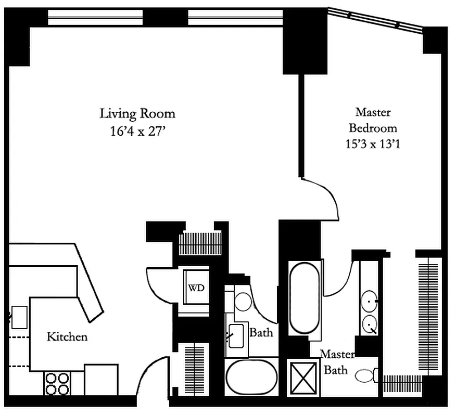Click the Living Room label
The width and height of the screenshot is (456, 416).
pos(137,113)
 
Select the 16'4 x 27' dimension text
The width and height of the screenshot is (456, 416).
pos(137,132)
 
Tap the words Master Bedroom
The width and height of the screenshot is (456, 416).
pos(373,120)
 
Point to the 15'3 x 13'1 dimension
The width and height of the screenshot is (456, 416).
pos(373,143)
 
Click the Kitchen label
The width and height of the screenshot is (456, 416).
pos(67,337)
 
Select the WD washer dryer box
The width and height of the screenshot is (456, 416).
pos(196,288)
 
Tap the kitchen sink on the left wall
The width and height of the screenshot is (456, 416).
pos(19,317)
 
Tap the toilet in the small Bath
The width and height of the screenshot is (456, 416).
pos(243,301)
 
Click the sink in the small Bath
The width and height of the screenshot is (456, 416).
pos(236,335)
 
